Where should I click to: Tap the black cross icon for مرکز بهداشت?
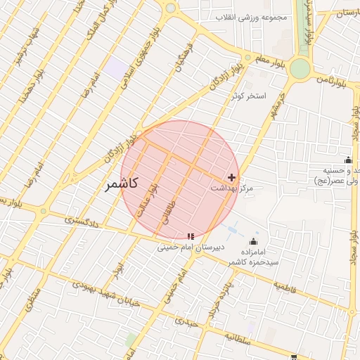233,176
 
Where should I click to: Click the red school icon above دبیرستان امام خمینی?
191,236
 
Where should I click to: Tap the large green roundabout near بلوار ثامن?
300,68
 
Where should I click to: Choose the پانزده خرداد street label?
214,298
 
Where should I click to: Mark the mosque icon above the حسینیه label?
347,160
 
